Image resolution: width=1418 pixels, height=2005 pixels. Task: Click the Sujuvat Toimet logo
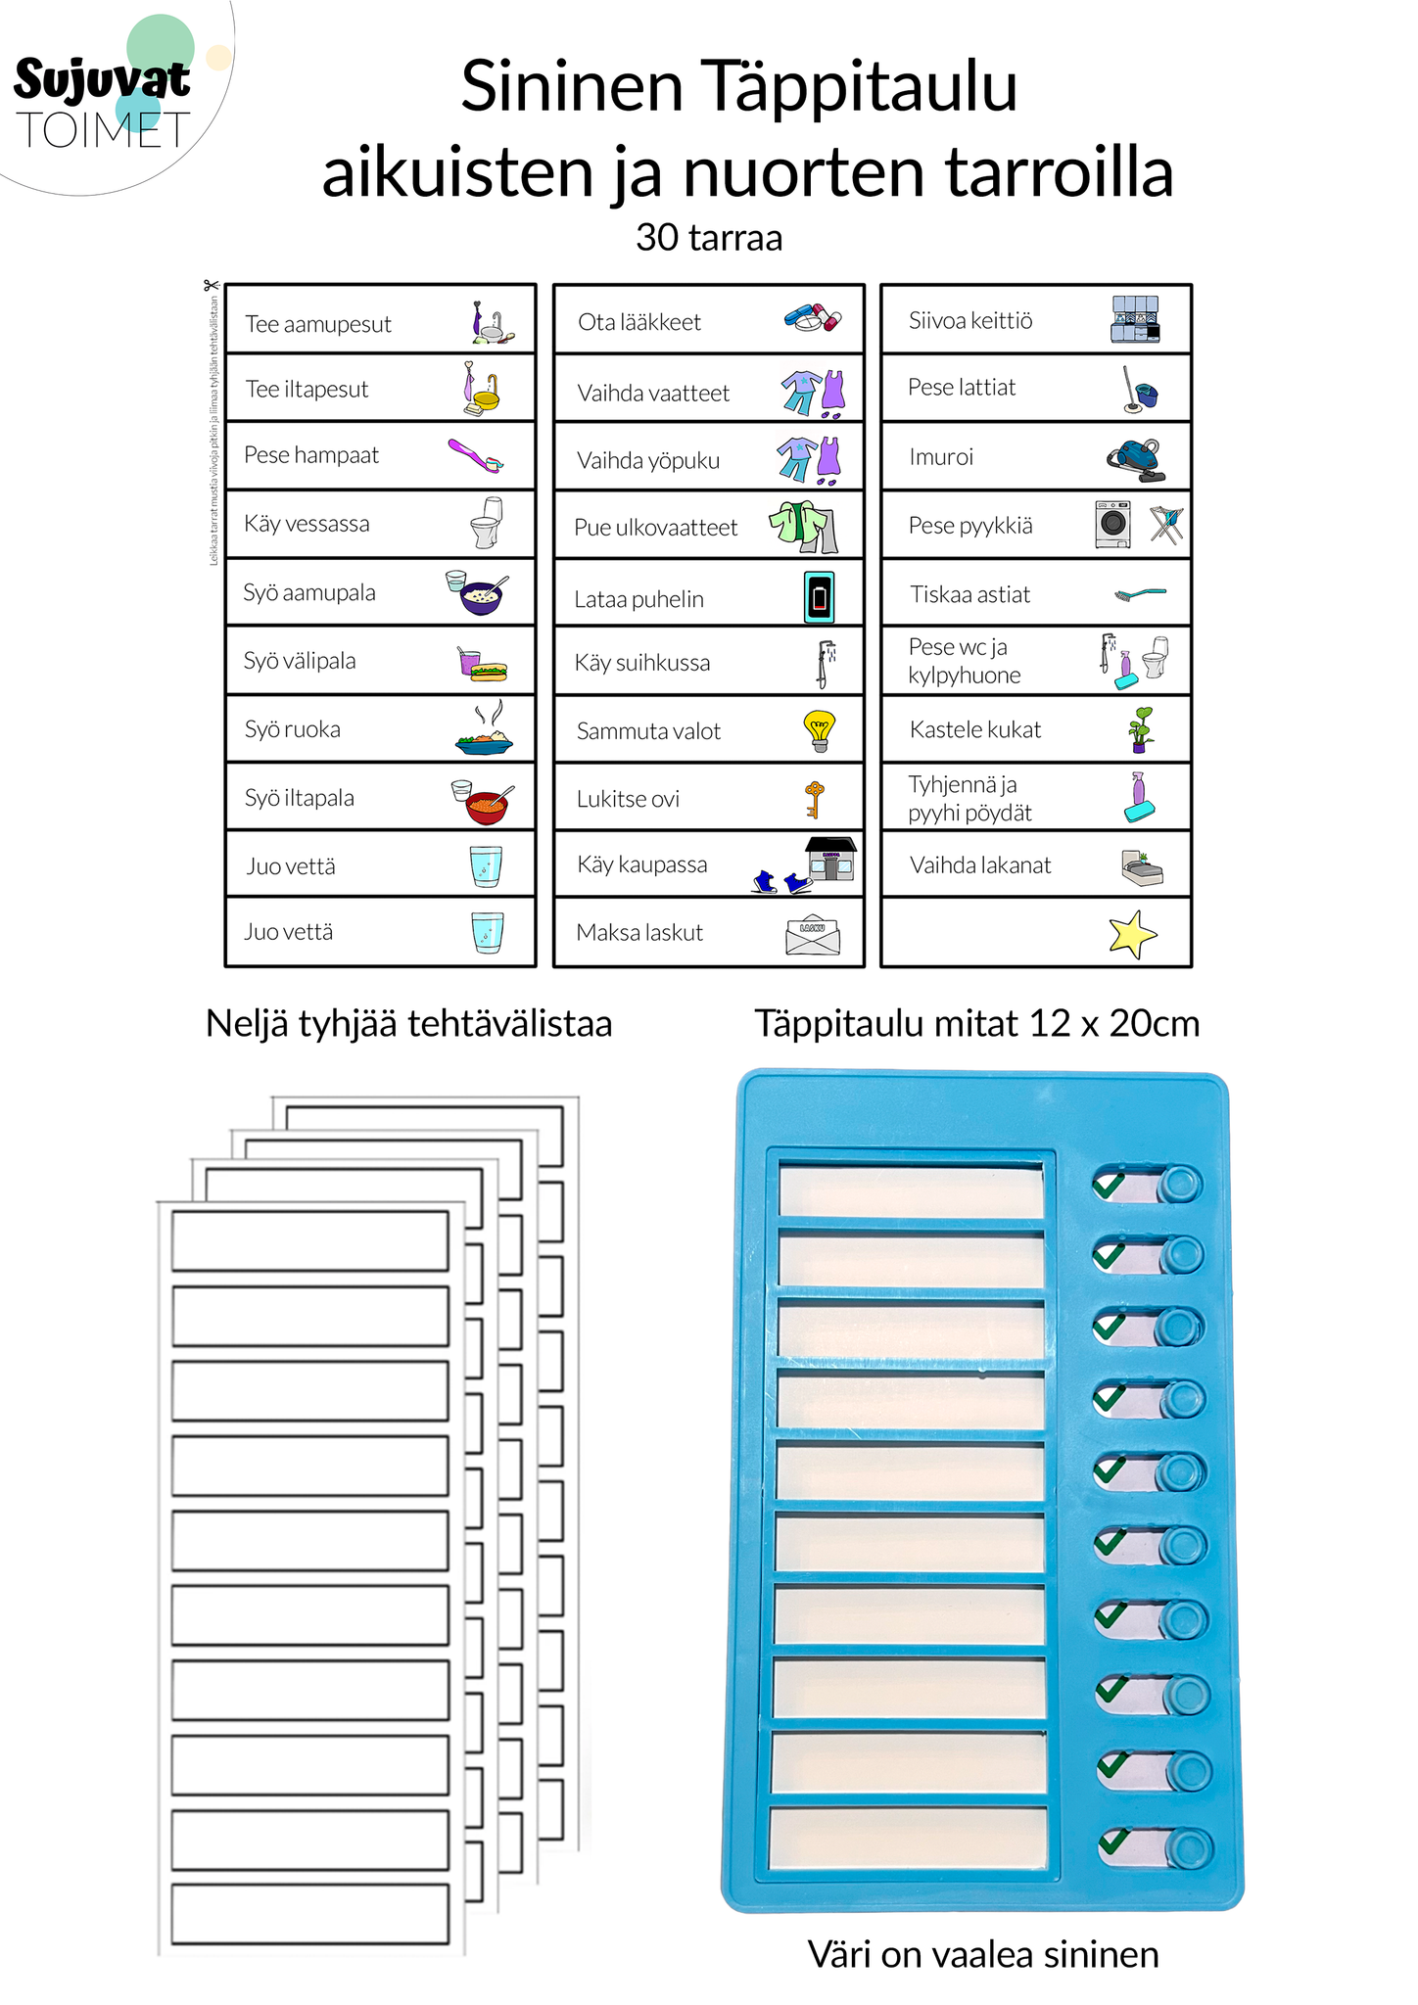coord(103,98)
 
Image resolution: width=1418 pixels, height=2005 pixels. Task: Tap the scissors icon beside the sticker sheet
coord(211,286)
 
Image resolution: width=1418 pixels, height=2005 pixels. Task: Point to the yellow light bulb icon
coord(819,730)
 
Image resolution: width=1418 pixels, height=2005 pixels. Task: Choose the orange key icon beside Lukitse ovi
coord(814,799)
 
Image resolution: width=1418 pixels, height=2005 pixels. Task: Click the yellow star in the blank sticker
coord(1132,934)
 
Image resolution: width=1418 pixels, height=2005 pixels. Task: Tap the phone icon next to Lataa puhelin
coord(820,596)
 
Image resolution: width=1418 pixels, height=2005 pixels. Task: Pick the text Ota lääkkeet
coord(639,322)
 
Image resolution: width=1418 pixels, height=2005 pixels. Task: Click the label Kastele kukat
coord(975,729)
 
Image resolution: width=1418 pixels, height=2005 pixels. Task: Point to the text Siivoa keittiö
coord(970,320)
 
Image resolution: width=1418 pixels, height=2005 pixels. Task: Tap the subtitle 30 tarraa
coord(709,237)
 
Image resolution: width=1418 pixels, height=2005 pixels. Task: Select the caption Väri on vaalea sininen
coord(983,1954)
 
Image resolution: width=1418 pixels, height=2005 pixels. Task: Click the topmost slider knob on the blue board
coord(1180,1185)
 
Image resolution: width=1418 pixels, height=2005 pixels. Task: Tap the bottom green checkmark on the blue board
coord(1112,1842)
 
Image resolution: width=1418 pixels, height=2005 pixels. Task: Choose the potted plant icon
coord(1140,729)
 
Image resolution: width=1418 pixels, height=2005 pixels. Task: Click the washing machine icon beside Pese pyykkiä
coord(1112,524)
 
